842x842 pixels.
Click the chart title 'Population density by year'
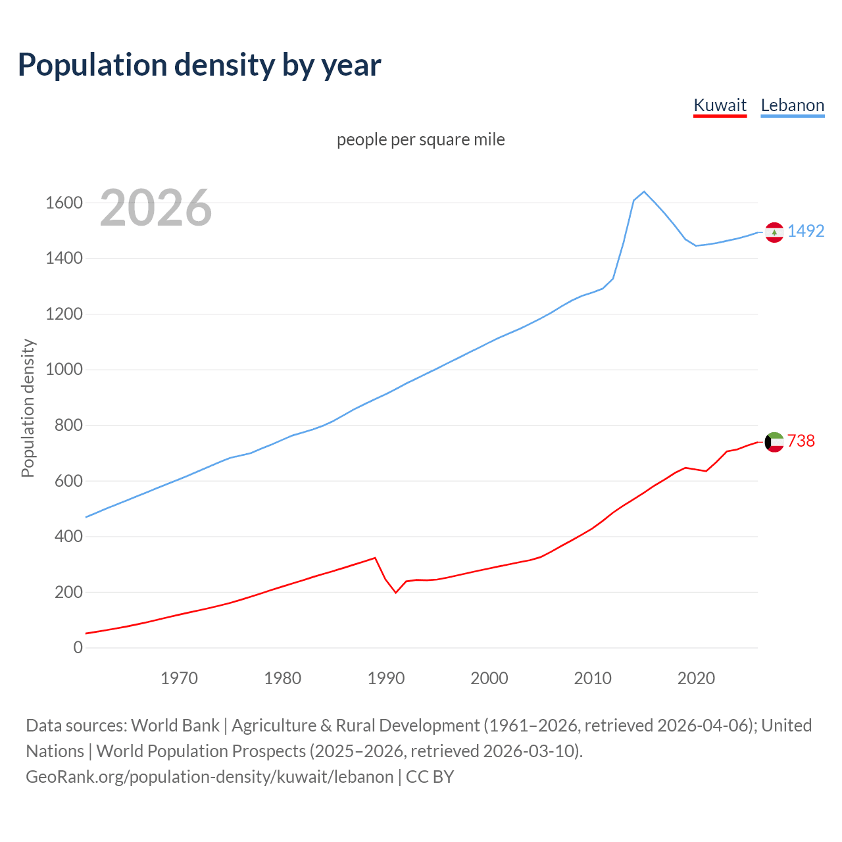(199, 65)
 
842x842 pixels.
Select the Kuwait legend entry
(720, 105)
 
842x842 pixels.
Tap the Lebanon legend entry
(792, 105)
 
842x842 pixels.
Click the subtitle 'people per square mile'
(420, 139)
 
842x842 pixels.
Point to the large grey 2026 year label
(156, 208)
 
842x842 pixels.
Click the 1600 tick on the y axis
(64, 203)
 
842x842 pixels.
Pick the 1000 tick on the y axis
(64, 370)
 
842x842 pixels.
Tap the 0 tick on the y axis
(78, 648)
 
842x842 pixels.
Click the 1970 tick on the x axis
(179, 678)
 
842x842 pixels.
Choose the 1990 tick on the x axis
(386, 678)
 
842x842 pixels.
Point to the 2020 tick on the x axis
(696, 678)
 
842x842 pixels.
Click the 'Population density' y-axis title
(28, 408)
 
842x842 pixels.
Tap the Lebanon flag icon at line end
(774, 232)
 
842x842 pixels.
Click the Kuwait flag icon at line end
(774, 442)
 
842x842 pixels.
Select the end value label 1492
(806, 231)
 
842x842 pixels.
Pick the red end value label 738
(801, 441)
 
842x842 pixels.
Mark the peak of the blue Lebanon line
(644, 191)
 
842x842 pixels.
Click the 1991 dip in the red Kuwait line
(396, 593)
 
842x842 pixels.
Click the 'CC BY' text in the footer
(430, 777)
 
